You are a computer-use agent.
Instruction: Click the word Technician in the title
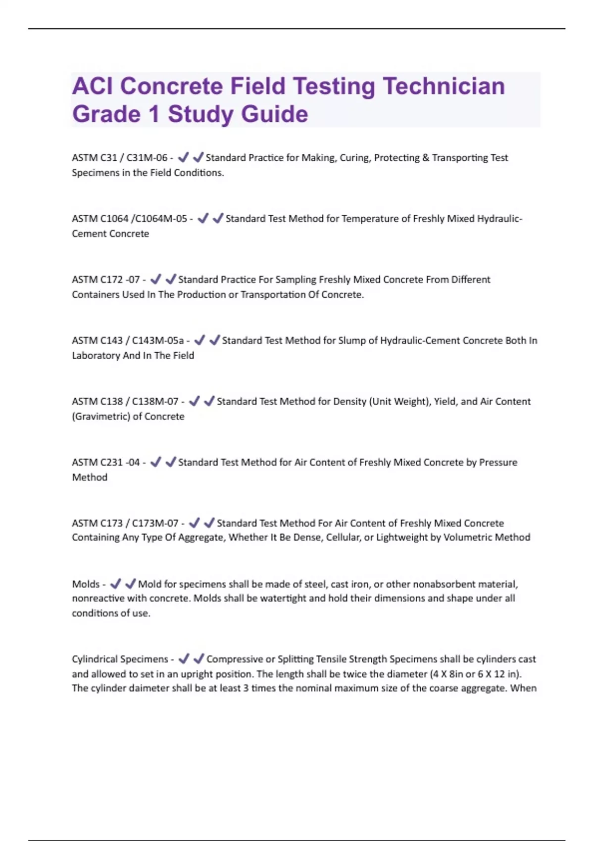coord(444,86)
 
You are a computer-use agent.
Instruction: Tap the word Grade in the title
coord(106,114)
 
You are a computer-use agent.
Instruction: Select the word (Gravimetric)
coord(101,417)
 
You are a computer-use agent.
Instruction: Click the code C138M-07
coord(155,401)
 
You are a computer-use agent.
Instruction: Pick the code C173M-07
coord(155,523)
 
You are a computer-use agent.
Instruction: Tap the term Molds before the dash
coord(86,584)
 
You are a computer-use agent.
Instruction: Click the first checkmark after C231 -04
coord(155,462)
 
